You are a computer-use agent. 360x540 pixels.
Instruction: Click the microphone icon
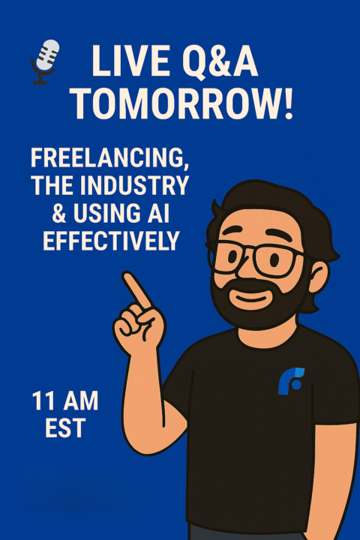tap(46, 61)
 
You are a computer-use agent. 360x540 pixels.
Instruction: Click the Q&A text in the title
tap(218, 62)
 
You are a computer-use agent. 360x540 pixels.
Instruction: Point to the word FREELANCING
tap(109, 159)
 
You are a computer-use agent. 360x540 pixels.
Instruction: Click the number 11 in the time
tap(43, 401)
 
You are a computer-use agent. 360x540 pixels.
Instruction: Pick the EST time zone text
tap(64, 428)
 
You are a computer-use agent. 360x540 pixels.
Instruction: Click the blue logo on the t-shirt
tap(291, 380)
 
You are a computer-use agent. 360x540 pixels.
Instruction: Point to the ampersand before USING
tap(39, 214)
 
